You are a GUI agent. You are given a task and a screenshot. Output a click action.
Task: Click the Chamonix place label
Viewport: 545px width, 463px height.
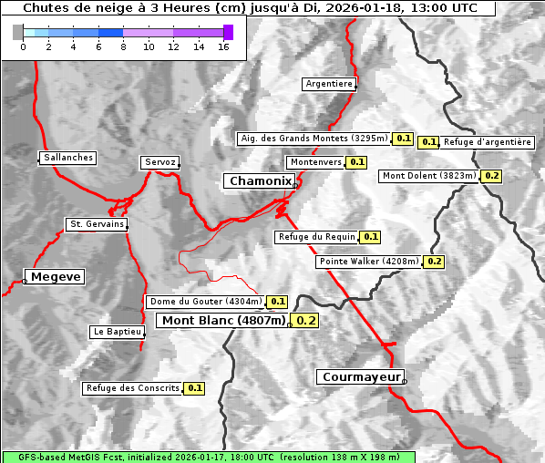point(260,181)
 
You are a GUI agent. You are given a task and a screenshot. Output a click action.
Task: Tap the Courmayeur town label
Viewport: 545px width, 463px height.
point(360,376)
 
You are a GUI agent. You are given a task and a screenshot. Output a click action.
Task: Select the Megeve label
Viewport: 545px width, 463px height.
point(56,276)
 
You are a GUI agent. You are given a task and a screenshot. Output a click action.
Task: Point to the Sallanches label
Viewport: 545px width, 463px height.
point(67,158)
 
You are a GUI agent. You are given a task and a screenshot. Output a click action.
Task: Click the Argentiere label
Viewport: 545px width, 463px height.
point(329,84)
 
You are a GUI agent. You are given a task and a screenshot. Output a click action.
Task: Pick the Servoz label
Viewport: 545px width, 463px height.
point(159,162)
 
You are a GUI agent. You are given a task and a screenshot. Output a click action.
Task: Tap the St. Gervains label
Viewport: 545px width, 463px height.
point(97,224)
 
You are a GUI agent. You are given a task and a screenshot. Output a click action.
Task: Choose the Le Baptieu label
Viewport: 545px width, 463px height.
point(117,332)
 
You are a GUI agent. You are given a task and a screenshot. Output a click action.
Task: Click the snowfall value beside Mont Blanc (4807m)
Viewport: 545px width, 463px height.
point(306,321)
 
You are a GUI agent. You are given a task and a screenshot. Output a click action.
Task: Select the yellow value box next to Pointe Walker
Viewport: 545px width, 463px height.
point(434,262)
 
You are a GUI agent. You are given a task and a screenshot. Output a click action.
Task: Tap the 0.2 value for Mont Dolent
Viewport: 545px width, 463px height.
point(491,176)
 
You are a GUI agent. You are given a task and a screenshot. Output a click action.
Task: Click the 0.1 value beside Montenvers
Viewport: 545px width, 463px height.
point(356,162)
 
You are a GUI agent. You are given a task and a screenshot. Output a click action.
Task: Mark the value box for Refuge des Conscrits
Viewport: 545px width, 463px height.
point(194,388)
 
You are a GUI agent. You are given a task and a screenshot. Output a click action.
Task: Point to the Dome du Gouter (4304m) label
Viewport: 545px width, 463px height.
point(205,302)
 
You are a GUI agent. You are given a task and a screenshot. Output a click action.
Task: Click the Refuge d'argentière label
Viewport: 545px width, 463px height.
point(488,142)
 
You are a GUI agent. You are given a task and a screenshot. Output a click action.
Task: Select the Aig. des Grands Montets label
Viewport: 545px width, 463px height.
point(314,139)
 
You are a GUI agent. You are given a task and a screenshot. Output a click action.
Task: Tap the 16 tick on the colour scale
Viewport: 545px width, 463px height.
point(222,46)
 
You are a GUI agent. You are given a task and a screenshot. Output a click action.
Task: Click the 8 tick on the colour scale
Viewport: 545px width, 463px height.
point(123,46)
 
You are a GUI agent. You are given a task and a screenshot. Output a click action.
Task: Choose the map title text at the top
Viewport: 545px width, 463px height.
point(249,8)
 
